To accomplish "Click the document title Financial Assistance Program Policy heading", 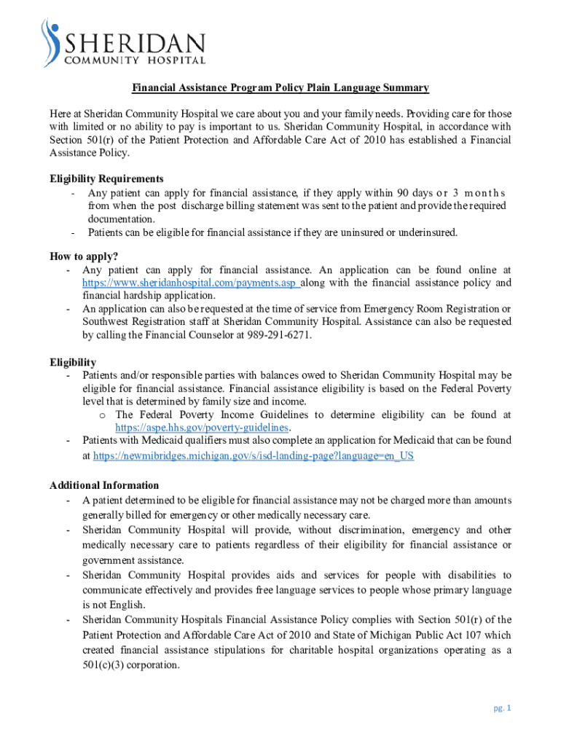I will pyautogui.click(x=280, y=88).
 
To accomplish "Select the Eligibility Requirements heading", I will pyautogui.click(x=106, y=178).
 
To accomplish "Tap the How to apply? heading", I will pyautogui.click(x=84, y=256).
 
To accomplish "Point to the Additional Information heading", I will pyautogui.click(x=104, y=485).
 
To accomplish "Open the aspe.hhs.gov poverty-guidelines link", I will pyautogui.click(x=203, y=428).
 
